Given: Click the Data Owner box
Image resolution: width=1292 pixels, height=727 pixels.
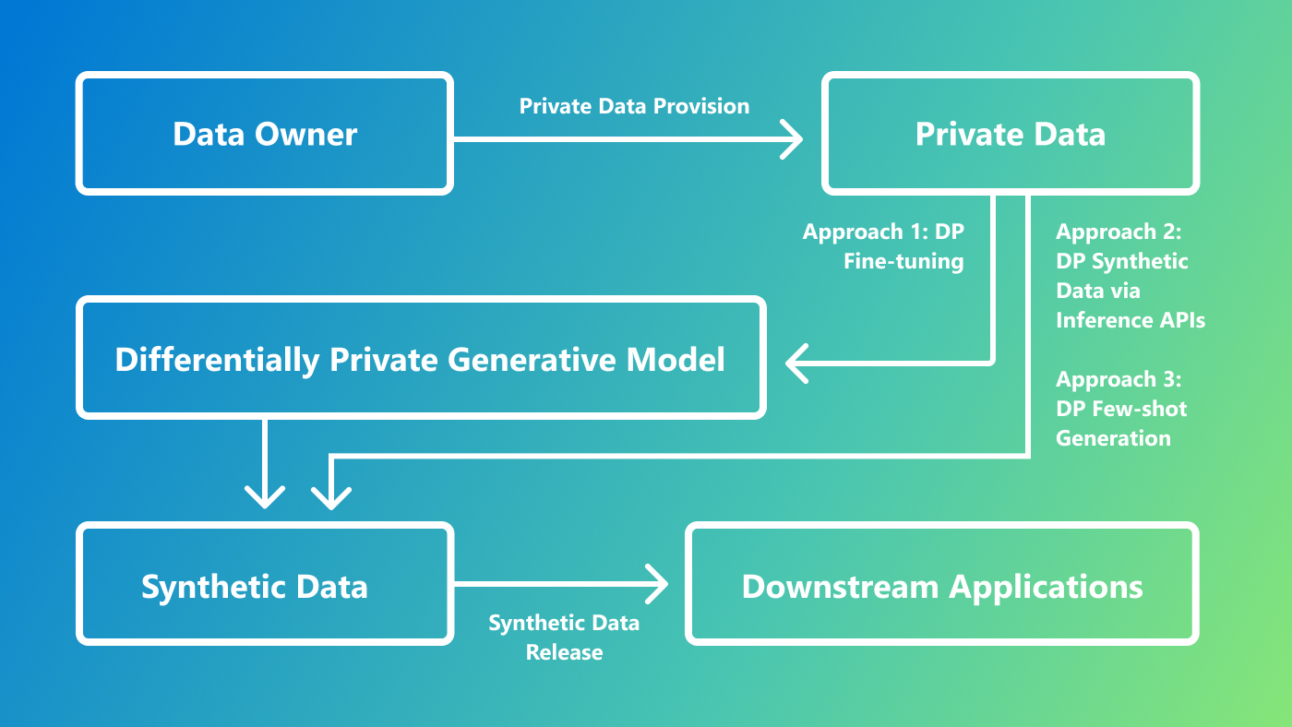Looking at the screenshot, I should (x=265, y=134).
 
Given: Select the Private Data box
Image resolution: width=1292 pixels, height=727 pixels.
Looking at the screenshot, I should (x=1010, y=134).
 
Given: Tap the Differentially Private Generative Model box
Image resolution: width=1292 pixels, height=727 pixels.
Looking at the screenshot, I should (x=421, y=358).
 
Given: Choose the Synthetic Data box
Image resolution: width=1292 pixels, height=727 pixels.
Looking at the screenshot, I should (x=255, y=586).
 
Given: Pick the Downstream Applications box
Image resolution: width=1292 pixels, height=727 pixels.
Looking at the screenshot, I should (x=942, y=586).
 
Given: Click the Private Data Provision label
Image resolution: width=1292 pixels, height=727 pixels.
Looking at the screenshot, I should (x=634, y=106).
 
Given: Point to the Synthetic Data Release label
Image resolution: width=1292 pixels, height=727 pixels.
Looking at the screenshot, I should (x=564, y=638).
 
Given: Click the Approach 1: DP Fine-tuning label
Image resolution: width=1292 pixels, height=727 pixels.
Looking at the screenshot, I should (x=883, y=246).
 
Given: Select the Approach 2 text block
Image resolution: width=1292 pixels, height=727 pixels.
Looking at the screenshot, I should (x=1130, y=276).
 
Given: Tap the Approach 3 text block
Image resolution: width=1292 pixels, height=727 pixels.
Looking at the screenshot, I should (x=1119, y=409).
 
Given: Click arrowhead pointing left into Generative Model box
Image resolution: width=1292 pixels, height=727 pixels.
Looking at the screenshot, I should (x=798, y=363).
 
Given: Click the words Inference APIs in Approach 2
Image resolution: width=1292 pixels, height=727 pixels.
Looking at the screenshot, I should (x=1130, y=320).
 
